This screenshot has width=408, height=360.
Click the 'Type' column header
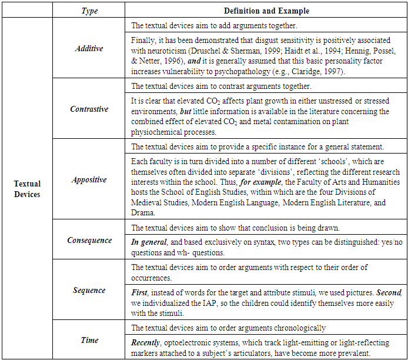pyautogui.click(x=89, y=11)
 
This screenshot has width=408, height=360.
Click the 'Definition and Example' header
pyautogui.click(x=266, y=11)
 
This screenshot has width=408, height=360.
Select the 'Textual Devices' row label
pyautogui.click(x=28, y=188)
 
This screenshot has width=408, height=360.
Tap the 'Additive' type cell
pyautogui.click(x=89, y=49)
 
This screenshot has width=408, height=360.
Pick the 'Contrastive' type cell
pyautogui.click(x=89, y=109)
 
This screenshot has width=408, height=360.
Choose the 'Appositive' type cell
pyautogui.click(x=89, y=179)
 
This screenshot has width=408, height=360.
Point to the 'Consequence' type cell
pyautogui.click(x=89, y=240)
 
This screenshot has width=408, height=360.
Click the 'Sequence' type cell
pyautogui.click(x=89, y=290)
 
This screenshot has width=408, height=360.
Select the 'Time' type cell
pyautogui.click(x=89, y=340)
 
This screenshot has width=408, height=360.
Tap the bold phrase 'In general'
pyautogui.click(x=147, y=242)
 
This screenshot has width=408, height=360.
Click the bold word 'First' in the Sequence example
pyautogui.click(x=140, y=292)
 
